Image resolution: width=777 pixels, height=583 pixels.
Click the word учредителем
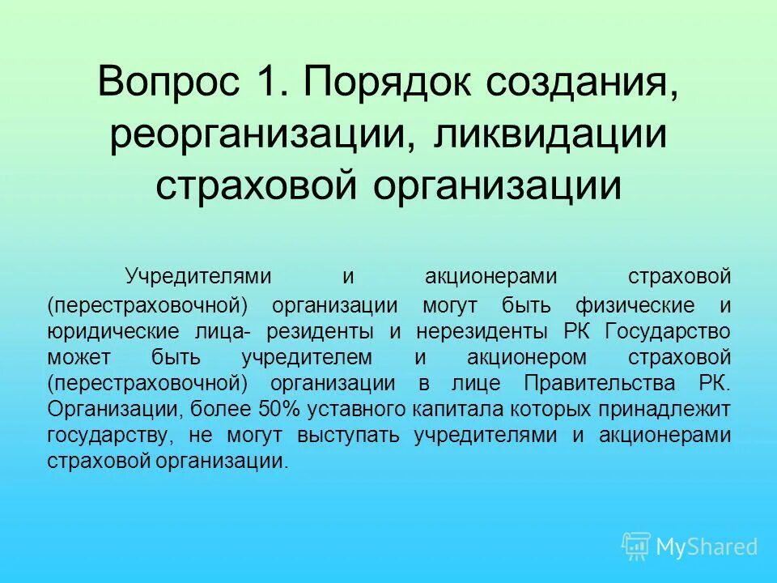click(x=307, y=357)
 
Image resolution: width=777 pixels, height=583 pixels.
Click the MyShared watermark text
click(x=707, y=547)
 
